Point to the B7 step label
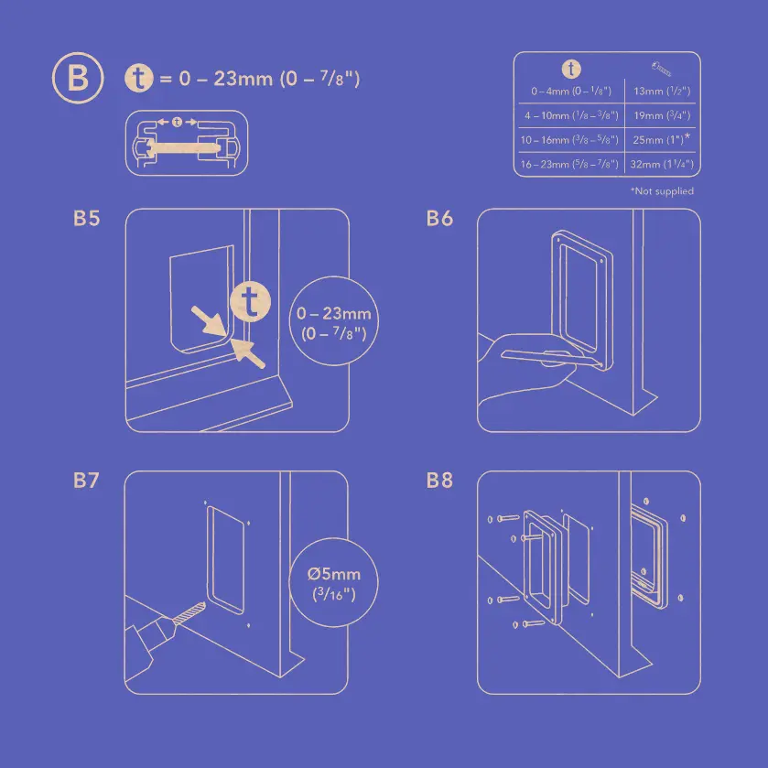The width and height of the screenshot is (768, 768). [86, 481]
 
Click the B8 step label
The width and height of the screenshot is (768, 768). [439, 481]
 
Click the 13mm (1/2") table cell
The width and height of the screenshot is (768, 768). [661, 92]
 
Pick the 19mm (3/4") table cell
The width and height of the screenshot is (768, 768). [661, 116]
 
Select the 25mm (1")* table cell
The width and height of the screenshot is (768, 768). [661, 140]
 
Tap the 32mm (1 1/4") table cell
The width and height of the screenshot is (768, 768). [661, 165]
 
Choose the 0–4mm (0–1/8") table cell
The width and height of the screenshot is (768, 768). [568, 92]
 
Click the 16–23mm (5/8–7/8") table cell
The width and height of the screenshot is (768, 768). [568, 165]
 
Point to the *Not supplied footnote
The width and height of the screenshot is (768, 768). [662, 191]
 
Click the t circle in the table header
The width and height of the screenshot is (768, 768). [570, 69]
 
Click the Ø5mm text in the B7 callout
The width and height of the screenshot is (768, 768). [334, 575]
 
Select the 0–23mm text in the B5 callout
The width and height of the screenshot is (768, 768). [334, 314]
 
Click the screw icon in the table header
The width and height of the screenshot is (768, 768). [662, 68]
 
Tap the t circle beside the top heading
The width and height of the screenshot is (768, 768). [138, 79]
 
